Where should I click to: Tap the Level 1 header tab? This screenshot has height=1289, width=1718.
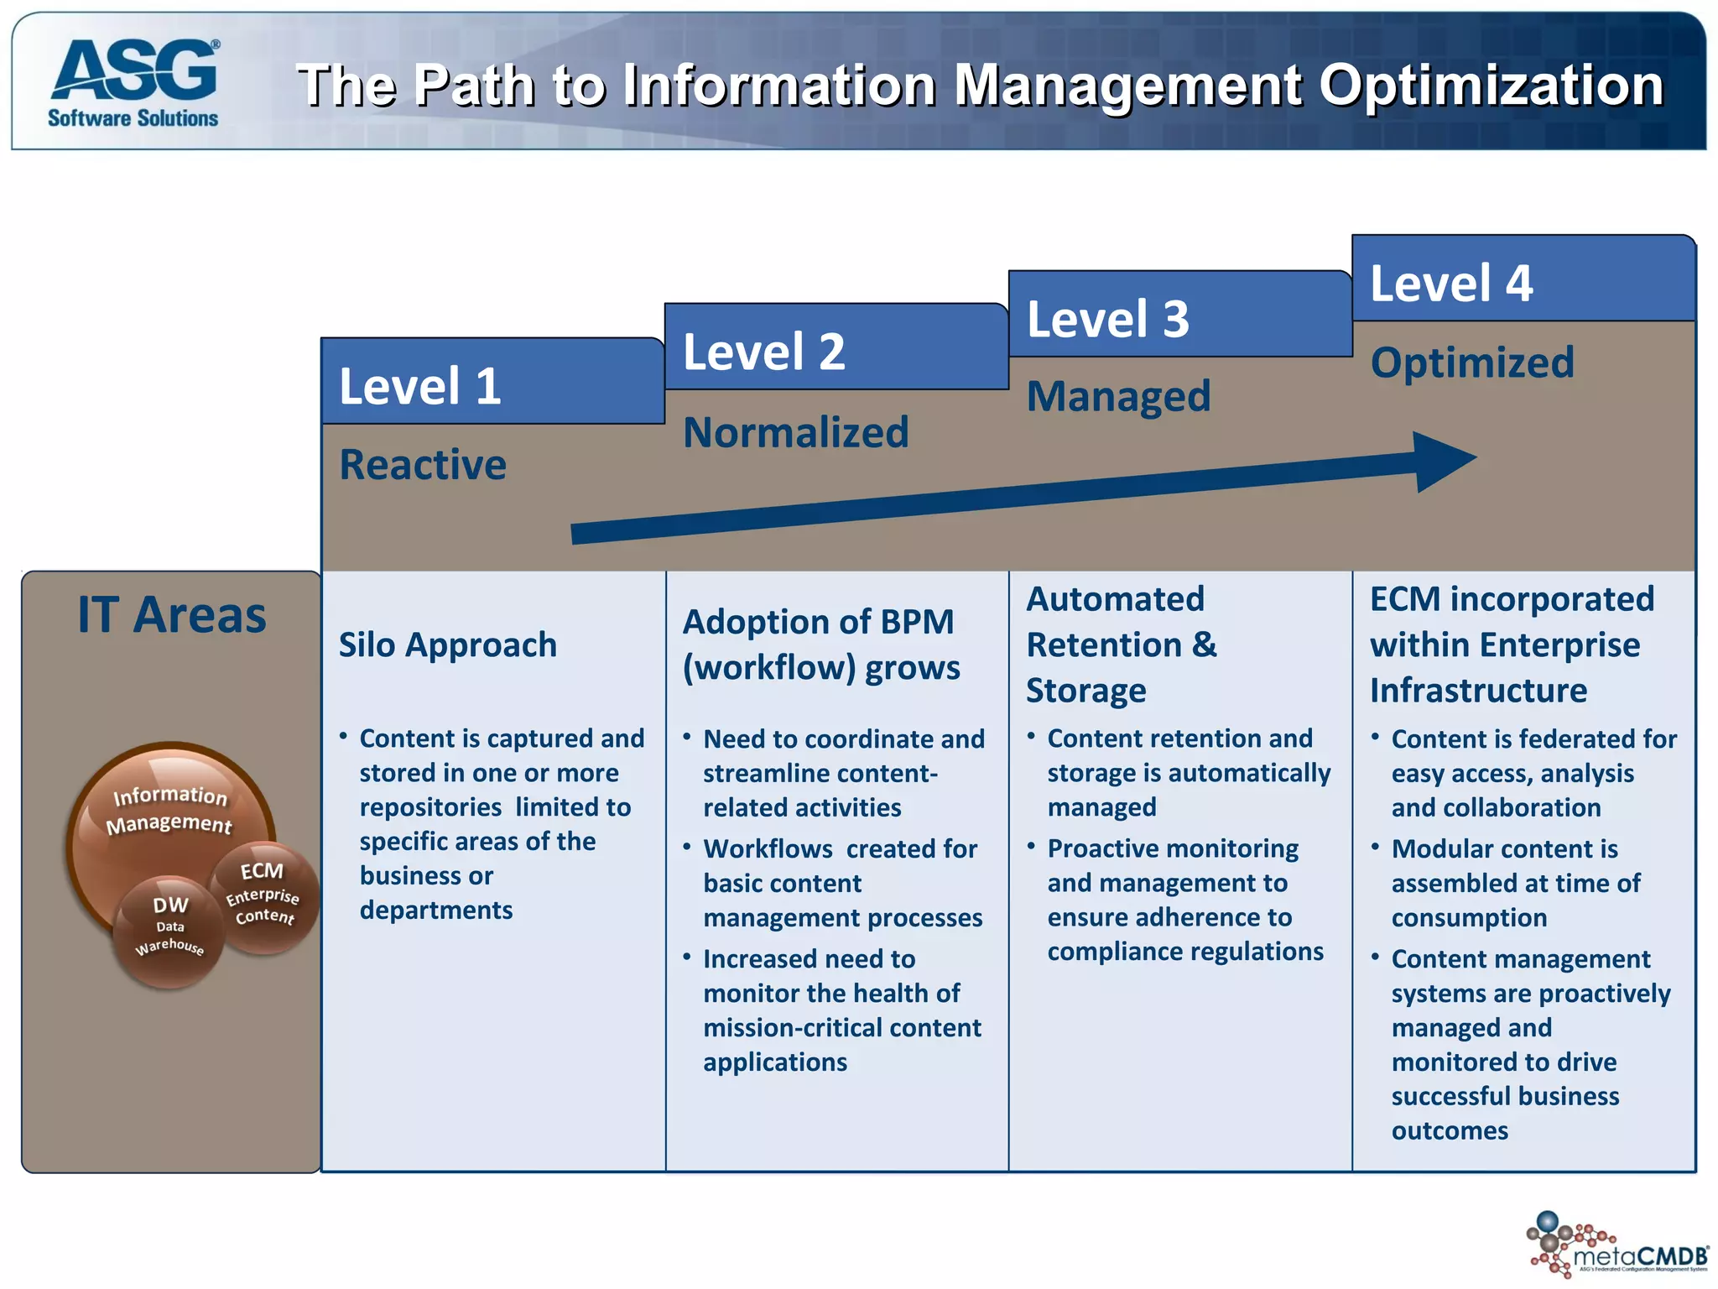pos(492,384)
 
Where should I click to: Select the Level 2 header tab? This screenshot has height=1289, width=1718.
pos(836,349)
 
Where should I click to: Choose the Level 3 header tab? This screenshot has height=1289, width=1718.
pos(1179,316)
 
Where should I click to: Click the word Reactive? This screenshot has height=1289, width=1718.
pos(423,465)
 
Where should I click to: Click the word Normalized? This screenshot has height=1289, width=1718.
pos(795,432)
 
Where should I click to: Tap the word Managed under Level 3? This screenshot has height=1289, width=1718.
pos(1118,396)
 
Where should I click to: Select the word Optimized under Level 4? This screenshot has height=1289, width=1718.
pos(1472,363)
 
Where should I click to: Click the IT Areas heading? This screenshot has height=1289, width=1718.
pos(172,614)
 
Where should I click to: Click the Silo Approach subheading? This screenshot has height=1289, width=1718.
pos(447,644)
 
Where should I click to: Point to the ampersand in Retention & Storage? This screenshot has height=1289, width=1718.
pos(1204,644)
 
